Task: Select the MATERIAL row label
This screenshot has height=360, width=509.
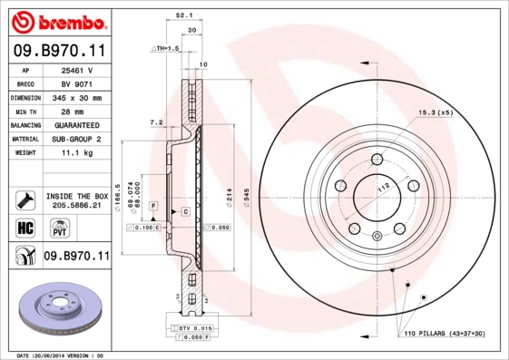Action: point(24,139)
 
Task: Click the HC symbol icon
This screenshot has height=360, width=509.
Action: point(24,227)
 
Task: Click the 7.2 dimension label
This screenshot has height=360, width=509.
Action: point(155,122)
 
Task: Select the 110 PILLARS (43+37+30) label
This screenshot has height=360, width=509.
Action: point(445,334)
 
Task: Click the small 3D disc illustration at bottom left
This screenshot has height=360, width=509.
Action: point(56,311)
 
